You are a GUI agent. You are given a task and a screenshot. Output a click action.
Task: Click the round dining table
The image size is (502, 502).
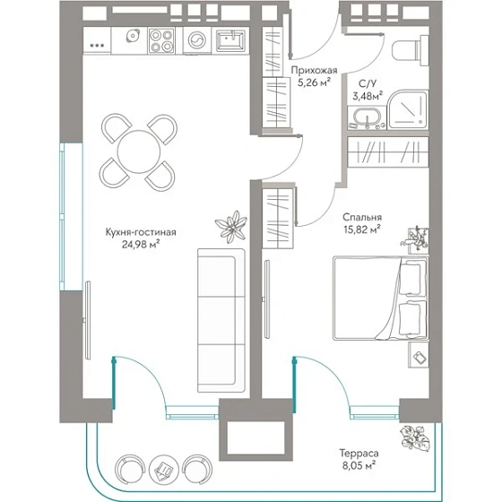point(139,151)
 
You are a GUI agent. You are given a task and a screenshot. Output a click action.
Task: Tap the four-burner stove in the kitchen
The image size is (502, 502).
point(161,40)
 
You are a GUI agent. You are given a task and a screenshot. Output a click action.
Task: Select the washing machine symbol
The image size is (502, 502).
point(195,40)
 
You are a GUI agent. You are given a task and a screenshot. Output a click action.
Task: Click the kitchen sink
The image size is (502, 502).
point(229,40)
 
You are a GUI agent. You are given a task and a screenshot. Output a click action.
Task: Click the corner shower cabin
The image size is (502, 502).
point(407,110)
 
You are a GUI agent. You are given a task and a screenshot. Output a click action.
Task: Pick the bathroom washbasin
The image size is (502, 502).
point(367,117)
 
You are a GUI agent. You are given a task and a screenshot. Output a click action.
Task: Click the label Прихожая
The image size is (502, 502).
point(314,70)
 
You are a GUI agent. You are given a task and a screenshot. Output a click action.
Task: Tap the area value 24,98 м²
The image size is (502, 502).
point(141,245)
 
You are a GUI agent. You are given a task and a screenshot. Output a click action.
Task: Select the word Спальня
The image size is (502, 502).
point(362,217)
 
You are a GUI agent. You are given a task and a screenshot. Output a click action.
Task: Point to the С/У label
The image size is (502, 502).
point(368,84)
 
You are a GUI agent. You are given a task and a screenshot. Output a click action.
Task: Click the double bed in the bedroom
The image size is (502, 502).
point(380,298)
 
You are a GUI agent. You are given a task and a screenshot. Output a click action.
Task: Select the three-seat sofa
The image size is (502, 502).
point(221,320)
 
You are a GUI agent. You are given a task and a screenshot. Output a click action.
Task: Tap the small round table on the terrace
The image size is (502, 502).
point(163,468)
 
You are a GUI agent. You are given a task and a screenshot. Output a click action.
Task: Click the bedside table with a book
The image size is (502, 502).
point(419,355)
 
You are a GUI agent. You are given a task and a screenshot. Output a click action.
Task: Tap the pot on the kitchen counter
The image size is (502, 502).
point(133,36)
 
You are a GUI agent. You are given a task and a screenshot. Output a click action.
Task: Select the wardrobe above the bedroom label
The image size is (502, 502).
point(387,151)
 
